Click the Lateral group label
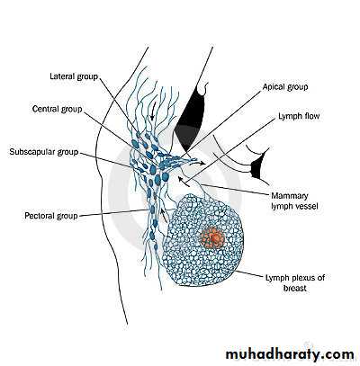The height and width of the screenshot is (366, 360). pyautogui.click(x=74, y=76)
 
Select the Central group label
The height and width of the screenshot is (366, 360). pyautogui.click(x=58, y=109)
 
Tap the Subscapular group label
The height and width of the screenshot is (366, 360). pyautogui.click(x=44, y=152)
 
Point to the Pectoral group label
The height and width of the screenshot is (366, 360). pyautogui.click(x=51, y=216)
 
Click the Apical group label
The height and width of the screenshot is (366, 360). pyautogui.click(x=285, y=87)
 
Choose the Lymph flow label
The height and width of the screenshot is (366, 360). pyautogui.click(x=299, y=116)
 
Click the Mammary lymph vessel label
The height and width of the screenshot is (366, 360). pyautogui.click(x=294, y=201)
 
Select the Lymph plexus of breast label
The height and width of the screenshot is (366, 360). pyautogui.click(x=295, y=282)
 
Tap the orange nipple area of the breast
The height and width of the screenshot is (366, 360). pyautogui.click(x=212, y=237)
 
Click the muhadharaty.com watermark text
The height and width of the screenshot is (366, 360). pyautogui.click(x=290, y=354)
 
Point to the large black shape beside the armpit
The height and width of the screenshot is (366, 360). pyautogui.click(x=190, y=117)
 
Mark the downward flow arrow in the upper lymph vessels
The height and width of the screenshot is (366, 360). pyautogui.click(x=153, y=111)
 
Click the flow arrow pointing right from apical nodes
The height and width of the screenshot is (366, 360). pyautogui.click(x=198, y=163)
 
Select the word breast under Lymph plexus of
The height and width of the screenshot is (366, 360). pyautogui.click(x=295, y=288)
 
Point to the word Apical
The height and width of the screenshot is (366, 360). pyautogui.click(x=274, y=87)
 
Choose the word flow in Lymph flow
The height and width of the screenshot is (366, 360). pyautogui.click(x=311, y=116)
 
